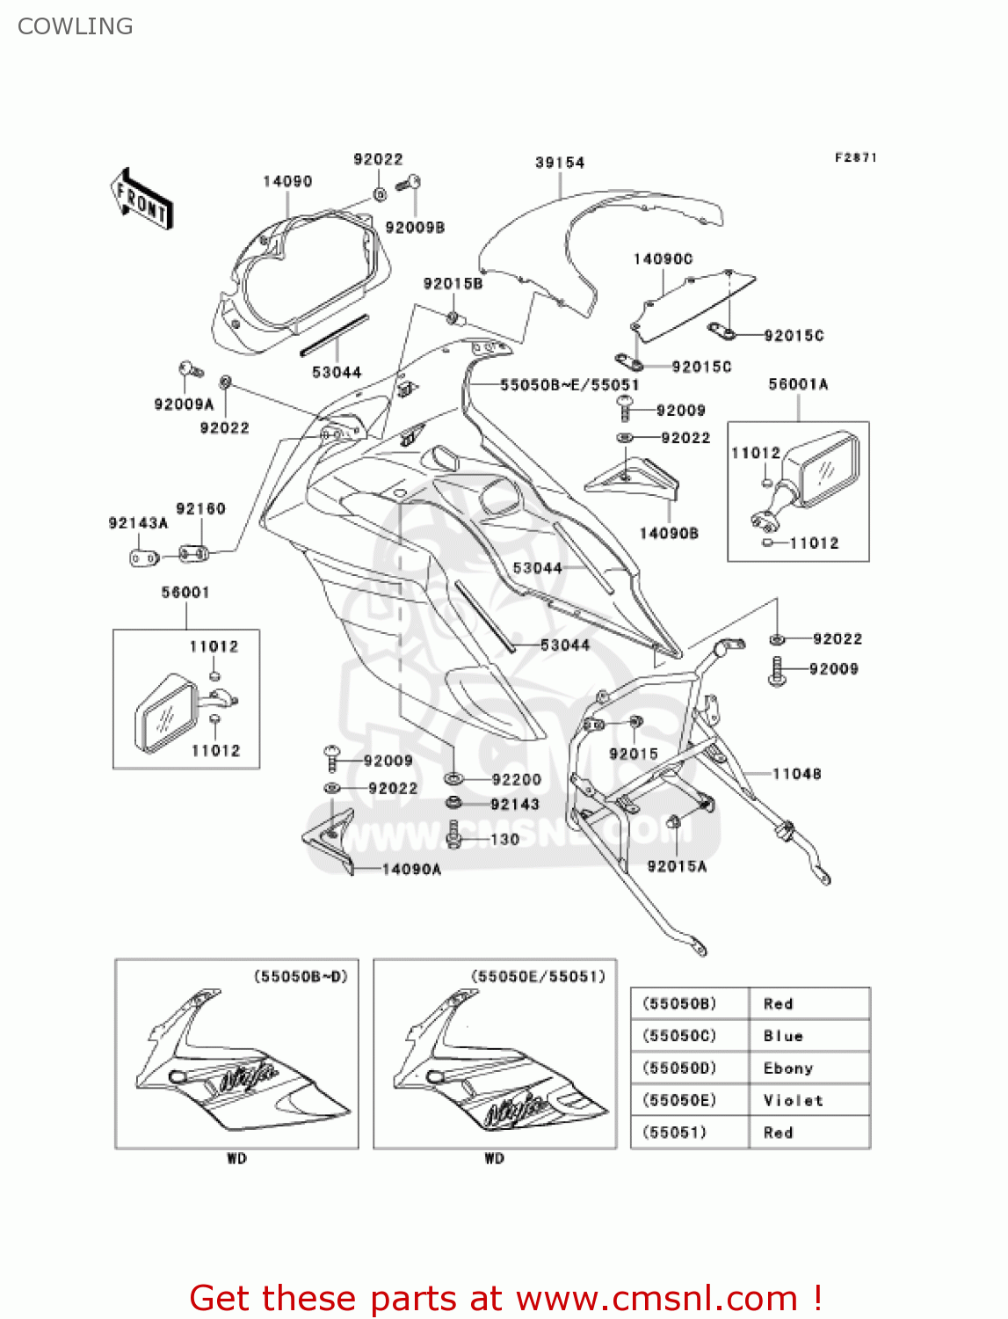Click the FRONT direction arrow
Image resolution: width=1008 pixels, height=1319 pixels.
[141, 199]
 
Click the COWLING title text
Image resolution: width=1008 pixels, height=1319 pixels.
[76, 26]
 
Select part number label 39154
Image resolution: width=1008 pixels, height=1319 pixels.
[560, 163]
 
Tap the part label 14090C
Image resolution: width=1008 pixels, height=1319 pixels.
[663, 259]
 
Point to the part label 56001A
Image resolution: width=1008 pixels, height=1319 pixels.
[798, 384]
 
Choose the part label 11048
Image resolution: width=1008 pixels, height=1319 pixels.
[797, 774]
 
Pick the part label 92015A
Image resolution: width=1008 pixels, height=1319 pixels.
[677, 866]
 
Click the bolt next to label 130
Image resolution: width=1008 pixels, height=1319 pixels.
[454, 834]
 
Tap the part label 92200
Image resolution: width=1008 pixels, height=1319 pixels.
[517, 779]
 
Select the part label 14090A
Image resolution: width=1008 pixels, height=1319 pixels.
[411, 870]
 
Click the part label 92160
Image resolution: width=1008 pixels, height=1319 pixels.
[200, 509]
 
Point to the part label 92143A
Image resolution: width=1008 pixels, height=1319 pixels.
[138, 523]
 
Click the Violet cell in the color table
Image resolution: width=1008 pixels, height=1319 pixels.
[794, 1100]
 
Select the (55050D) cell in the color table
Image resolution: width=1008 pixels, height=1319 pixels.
[679, 1068]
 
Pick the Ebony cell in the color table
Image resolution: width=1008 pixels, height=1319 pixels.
[788, 1068]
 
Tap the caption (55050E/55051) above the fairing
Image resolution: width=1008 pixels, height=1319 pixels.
[538, 976]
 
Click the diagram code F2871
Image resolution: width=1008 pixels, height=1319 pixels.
[855, 157]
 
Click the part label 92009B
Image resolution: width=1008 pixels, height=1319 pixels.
[415, 228]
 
